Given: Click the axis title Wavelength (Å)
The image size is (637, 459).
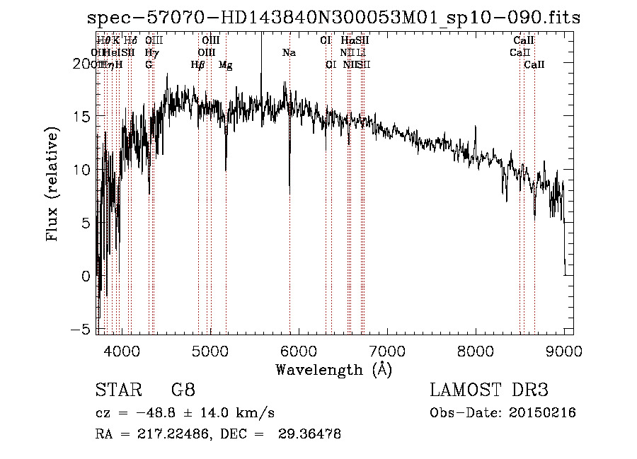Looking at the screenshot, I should [x=333, y=369].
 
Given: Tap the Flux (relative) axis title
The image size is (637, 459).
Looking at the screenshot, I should [x=52, y=185].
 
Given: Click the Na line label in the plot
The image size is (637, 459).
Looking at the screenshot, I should [x=289, y=53].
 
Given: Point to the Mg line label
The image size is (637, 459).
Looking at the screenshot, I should [x=226, y=65].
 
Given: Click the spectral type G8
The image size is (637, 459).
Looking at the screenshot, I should [x=183, y=391].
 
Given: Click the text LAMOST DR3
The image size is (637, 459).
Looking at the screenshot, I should [x=489, y=391].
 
